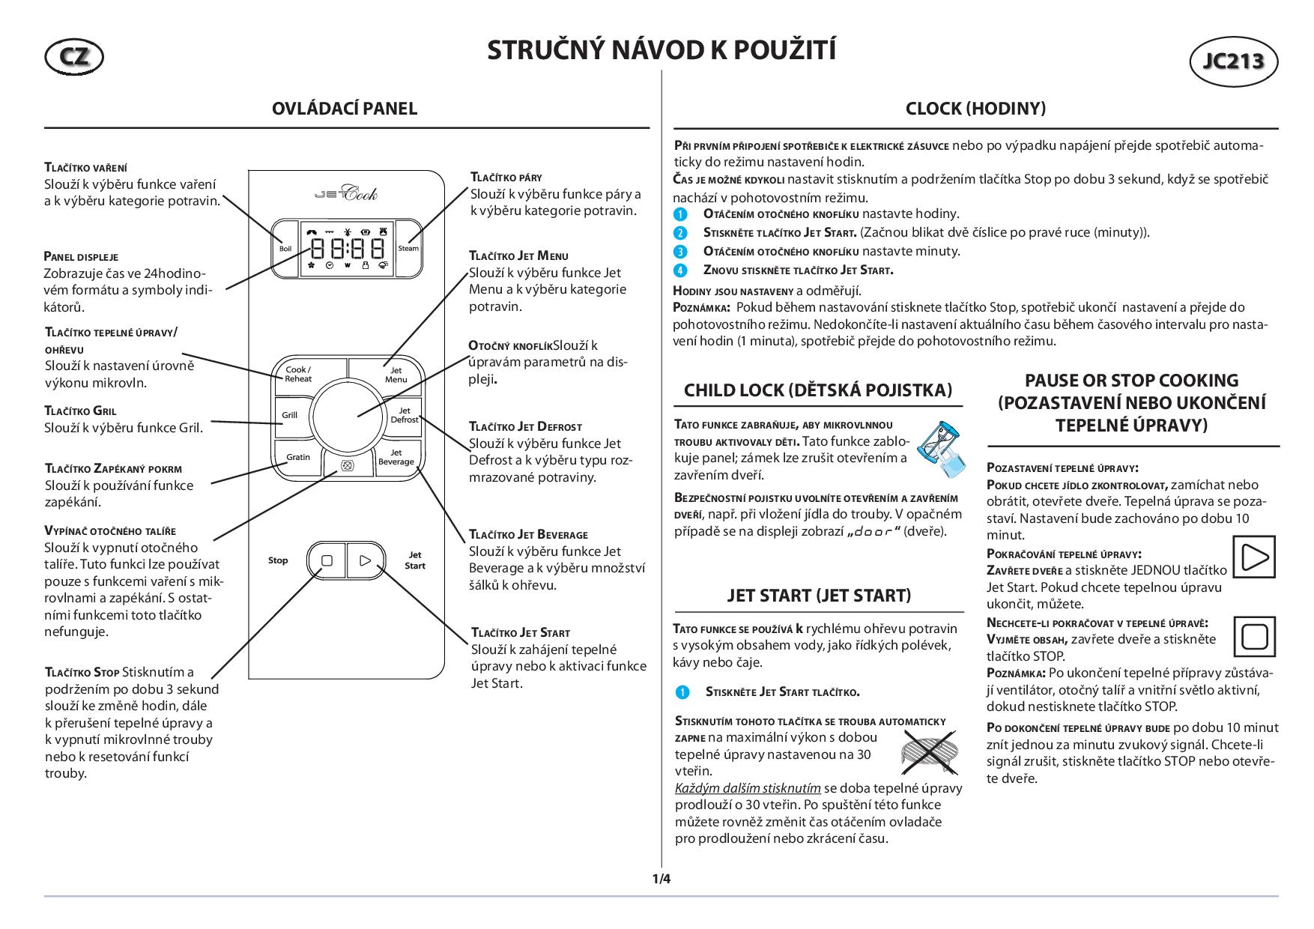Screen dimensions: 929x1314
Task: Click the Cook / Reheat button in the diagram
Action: click(298, 374)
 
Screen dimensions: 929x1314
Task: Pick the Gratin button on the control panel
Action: click(297, 457)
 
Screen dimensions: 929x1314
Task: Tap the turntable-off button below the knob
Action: click(347, 465)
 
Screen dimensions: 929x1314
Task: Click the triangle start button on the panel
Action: click(366, 560)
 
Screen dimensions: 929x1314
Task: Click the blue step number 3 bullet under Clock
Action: click(680, 252)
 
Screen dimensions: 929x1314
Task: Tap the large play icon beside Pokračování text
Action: click(1253, 557)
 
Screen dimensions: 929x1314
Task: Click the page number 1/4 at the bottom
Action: click(661, 879)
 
